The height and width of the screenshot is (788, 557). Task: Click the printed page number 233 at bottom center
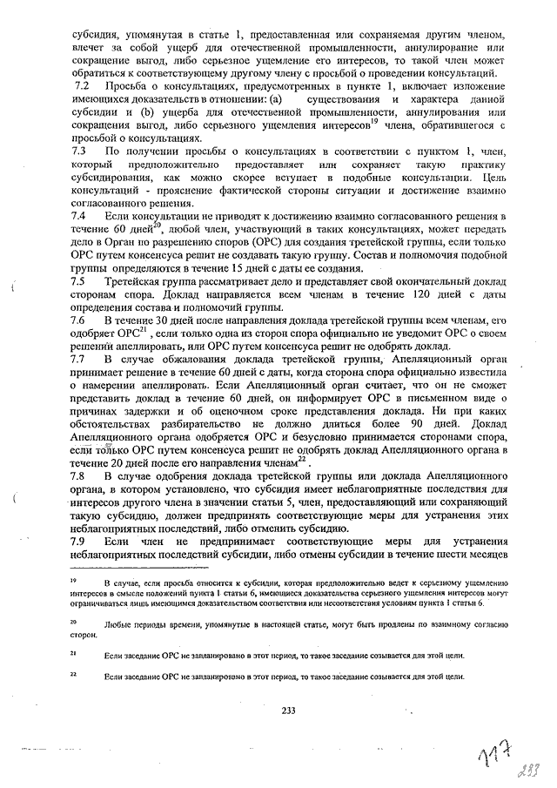coord(289,711)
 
